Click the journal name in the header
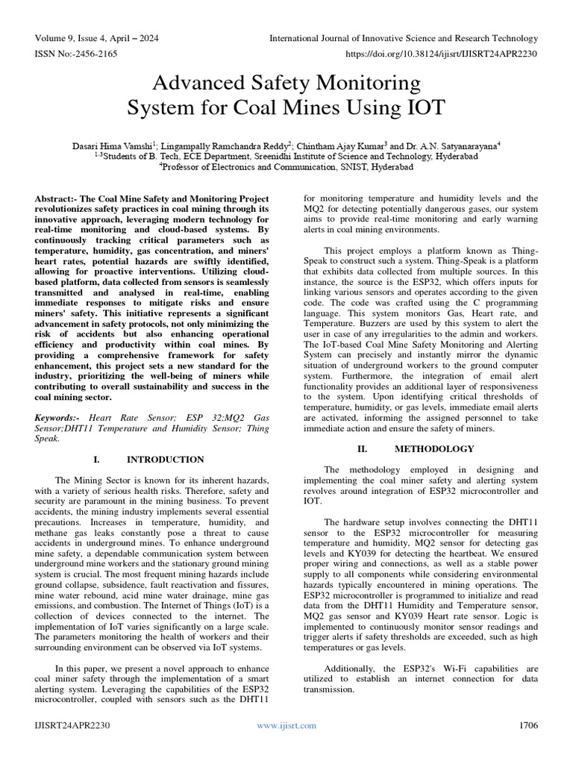pyautogui.click(x=404, y=38)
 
